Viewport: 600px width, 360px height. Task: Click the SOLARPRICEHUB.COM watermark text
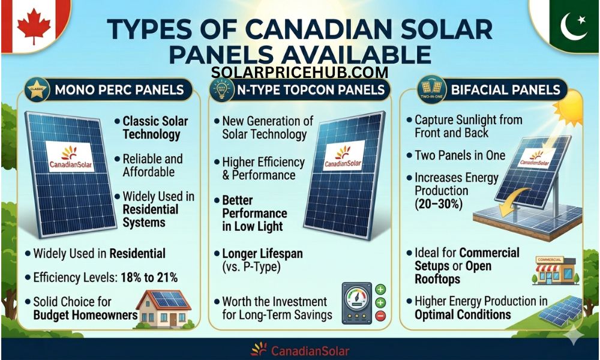coord(300,73)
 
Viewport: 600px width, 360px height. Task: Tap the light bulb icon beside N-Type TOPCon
coord(222,91)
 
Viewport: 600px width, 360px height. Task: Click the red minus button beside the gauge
coord(380,316)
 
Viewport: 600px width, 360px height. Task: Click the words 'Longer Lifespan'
coord(259,254)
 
